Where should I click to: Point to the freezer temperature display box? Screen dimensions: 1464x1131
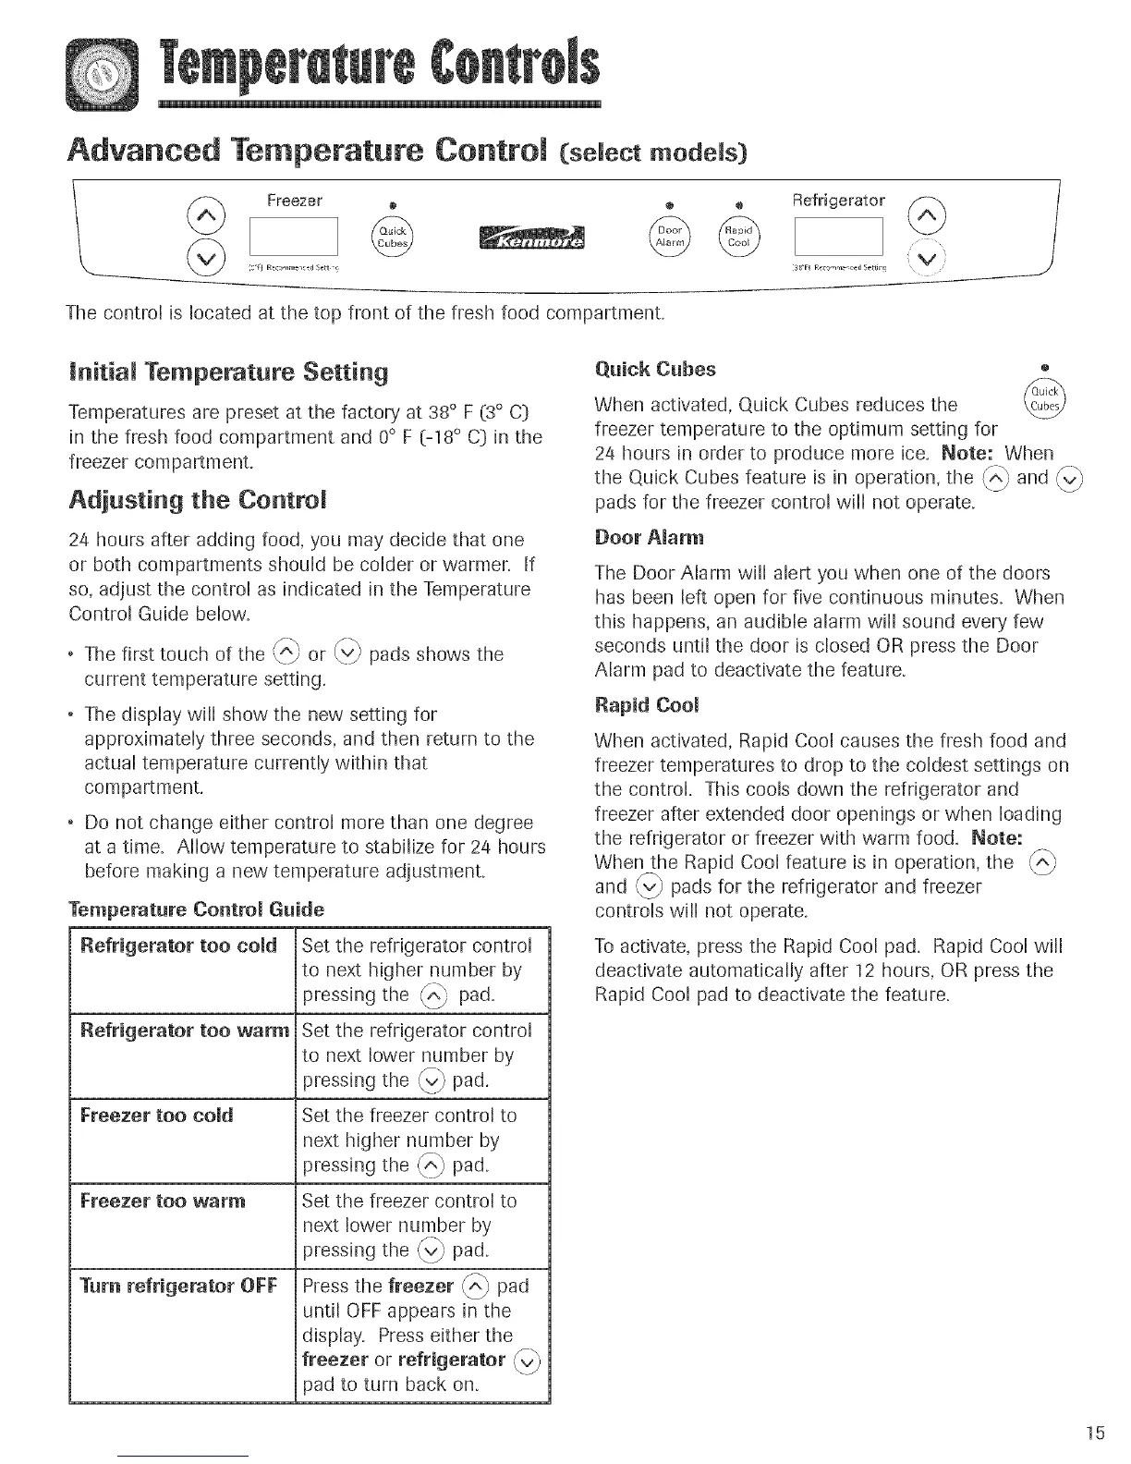295,238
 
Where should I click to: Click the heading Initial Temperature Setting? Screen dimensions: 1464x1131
228,372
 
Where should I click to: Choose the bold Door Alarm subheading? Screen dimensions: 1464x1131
638,538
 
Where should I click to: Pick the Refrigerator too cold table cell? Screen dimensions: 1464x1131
180,945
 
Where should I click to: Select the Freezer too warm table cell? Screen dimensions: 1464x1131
164,1201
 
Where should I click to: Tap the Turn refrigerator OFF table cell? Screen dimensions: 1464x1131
178,1287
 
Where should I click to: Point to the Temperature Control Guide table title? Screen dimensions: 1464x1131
196,909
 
